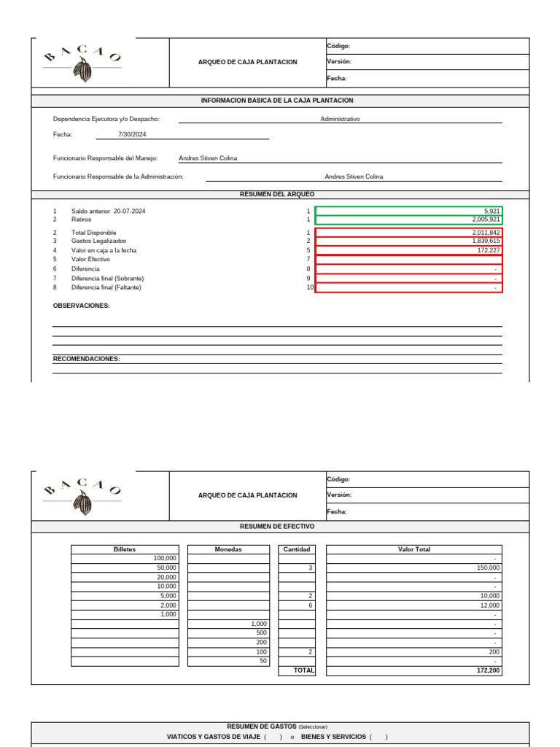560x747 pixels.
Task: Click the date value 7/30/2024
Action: (132, 135)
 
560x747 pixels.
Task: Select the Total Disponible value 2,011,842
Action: (486, 233)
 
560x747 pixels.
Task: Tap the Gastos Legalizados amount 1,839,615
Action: (486, 241)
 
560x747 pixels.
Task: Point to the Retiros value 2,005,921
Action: (486, 220)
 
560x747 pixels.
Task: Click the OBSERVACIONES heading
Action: (82, 306)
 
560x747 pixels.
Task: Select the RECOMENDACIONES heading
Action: (87, 359)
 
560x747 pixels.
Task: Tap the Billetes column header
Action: (125, 549)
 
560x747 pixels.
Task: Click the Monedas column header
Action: (228, 549)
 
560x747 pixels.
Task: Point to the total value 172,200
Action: (488, 670)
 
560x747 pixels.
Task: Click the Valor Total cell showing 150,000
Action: (487, 568)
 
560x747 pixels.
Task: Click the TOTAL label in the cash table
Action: (303, 670)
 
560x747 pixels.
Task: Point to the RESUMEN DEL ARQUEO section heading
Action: (277, 195)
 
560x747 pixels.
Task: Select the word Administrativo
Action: (340, 119)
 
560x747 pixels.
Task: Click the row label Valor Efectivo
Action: (90, 260)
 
